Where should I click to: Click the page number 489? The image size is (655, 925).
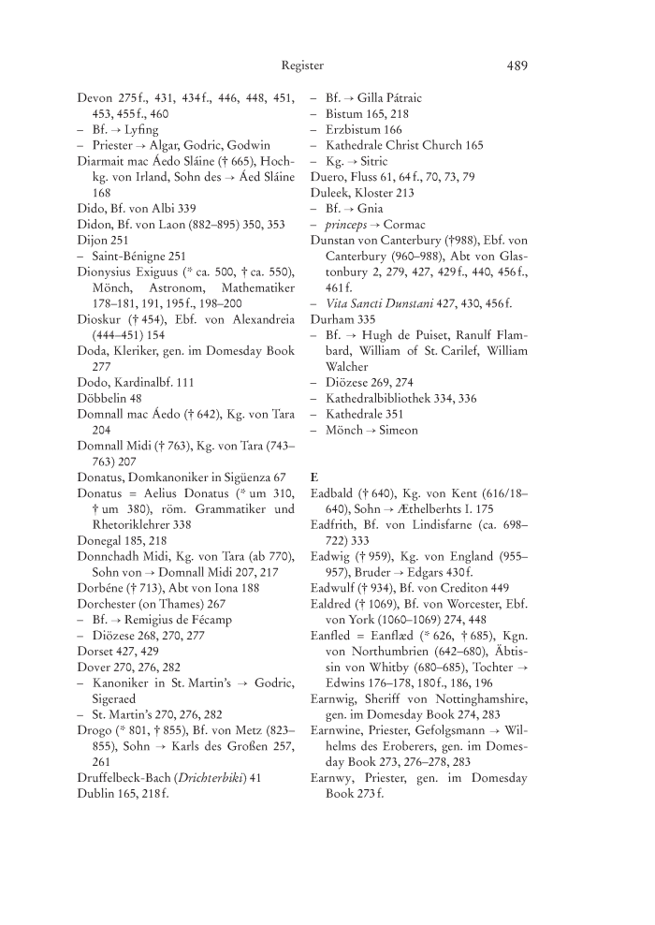(517, 66)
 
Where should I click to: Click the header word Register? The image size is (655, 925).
(302, 66)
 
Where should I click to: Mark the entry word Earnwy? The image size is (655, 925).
(334, 779)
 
